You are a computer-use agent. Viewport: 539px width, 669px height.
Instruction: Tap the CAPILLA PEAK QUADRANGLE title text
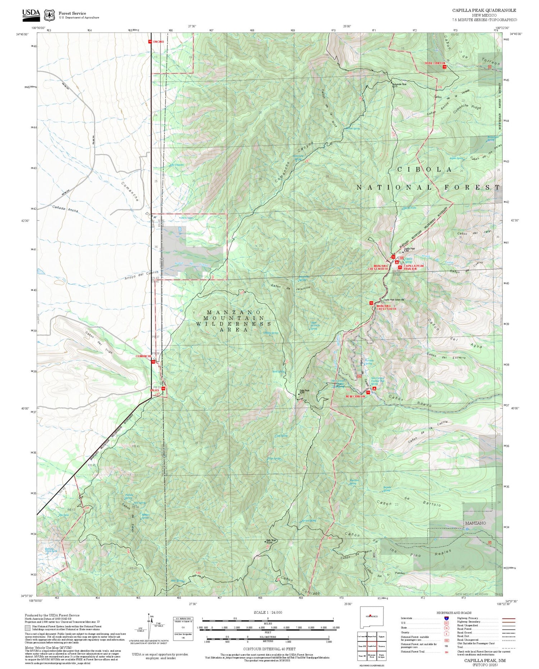pyautogui.click(x=484, y=10)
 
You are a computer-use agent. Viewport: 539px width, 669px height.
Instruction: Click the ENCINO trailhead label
pyautogui.click(x=158, y=42)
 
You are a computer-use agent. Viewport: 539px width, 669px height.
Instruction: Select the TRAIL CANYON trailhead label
pyautogui.click(x=434, y=63)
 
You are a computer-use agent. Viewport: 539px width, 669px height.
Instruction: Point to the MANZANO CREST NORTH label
pyautogui.click(x=378, y=267)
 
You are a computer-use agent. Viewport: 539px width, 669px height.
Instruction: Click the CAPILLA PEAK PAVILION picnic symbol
pyautogui.click(x=400, y=267)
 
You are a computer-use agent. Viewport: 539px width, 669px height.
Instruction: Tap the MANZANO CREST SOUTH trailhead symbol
pyautogui.click(x=371, y=303)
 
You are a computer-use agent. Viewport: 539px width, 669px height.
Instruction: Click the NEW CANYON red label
pyautogui.click(x=355, y=396)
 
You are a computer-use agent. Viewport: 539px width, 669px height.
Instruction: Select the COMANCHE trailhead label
pyautogui.click(x=143, y=356)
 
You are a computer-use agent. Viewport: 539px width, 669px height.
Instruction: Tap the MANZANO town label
pyautogui.click(x=475, y=523)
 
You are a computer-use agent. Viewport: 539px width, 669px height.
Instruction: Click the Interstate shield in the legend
pyautogui.click(x=447, y=618)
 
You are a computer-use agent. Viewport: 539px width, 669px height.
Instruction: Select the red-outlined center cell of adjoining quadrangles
pyautogui.click(x=372, y=646)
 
